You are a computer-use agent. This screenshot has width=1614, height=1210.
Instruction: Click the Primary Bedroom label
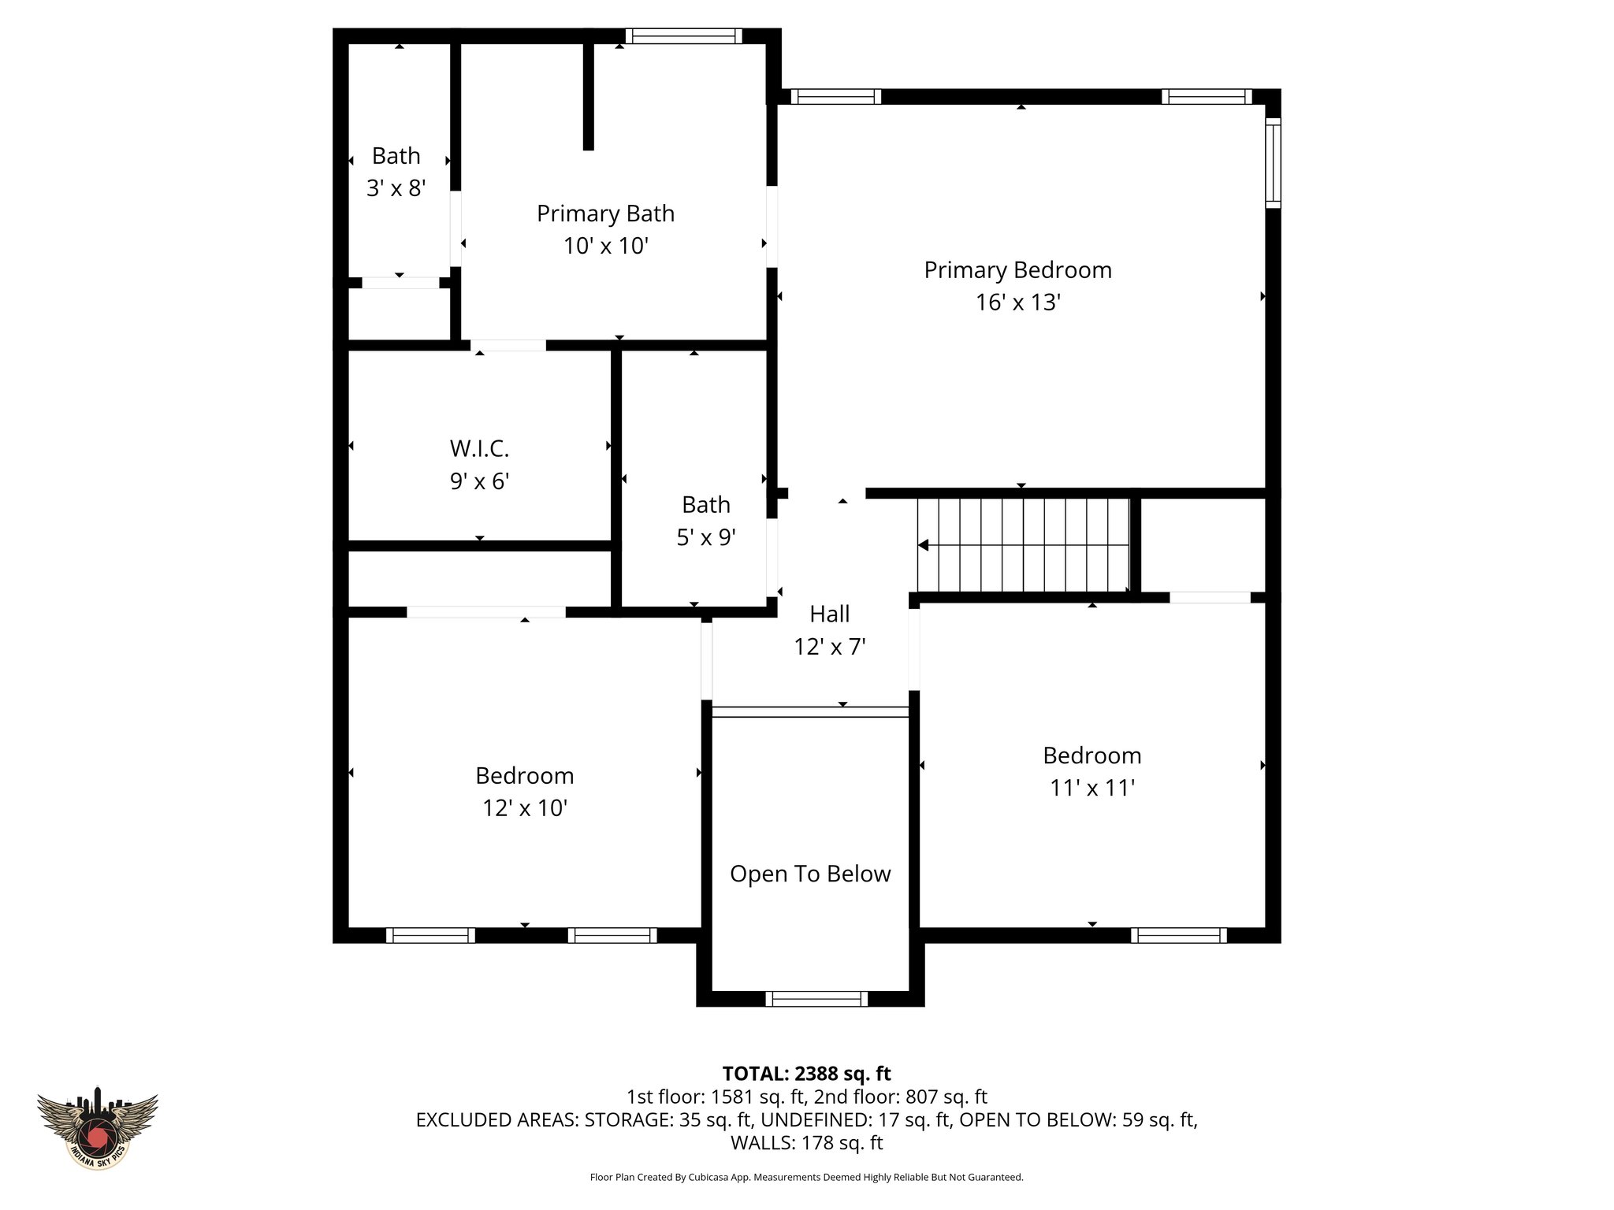pyautogui.click(x=1017, y=270)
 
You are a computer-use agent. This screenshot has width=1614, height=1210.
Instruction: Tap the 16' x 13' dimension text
pyautogui.click(x=1017, y=302)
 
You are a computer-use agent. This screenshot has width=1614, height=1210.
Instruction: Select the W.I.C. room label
pyautogui.click(x=479, y=448)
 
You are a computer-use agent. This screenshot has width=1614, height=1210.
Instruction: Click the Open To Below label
pyautogui.click(x=809, y=874)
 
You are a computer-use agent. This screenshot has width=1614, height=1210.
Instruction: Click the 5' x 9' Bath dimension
pyautogui.click(x=706, y=537)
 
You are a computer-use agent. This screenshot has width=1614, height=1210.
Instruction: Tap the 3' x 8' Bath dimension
pyautogui.click(x=396, y=188)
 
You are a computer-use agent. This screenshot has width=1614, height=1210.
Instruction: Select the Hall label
pyautogui.click(x=830, y=614)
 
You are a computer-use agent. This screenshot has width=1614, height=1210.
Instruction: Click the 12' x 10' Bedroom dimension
pyautogui.click(x=525, y=808)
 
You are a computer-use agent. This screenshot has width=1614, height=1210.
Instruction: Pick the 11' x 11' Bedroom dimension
pyautogui.click(x=1091, y=788)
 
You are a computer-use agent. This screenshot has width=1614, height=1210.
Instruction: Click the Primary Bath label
pyautogui.click(x=605, y=213)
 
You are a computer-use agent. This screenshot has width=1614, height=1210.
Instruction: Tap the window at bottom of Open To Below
pyautogui.click(x=816, y=999)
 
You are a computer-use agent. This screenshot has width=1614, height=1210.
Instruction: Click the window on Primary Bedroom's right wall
pyautogui.click(x=1273, y=162)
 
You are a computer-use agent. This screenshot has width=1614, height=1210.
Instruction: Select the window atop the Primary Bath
pyautogui.click(x=683, y=35)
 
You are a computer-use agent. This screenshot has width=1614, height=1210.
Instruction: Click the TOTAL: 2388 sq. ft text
pyautogui.click(x=806, y=1074)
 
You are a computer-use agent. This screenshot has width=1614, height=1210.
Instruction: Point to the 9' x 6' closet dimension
pyautogui.click(x=479, y=481)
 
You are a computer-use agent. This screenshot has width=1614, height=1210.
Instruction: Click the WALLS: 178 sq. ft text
pyautogui.click(x=806, y=1143)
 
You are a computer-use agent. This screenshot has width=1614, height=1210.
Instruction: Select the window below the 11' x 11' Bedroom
pyautogui.click(x=1179, y=935)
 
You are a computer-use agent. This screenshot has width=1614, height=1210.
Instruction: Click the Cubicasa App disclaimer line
pyautogui.click(x=806, y=1178)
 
